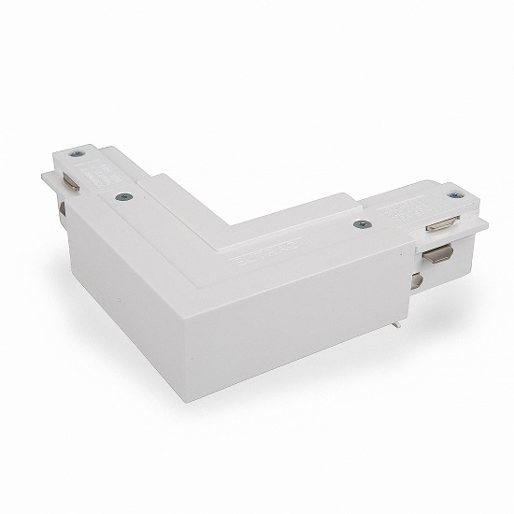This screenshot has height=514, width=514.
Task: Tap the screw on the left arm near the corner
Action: pos(121,195)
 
